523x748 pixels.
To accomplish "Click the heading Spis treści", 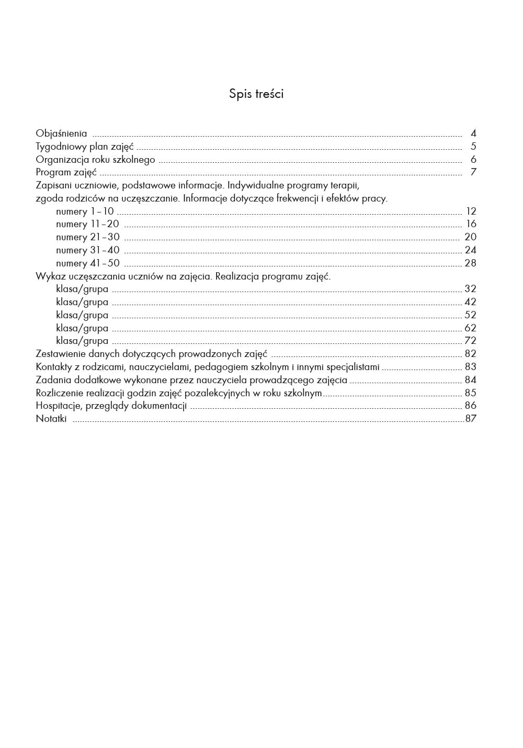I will pyautogui.click(x=256, y=94).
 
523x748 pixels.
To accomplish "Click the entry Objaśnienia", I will pyautogui.click(x=61, y=133).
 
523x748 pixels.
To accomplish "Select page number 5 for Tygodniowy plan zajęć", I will pyautogui.click(x=473, y=147).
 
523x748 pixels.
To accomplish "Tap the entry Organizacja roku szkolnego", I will pyautogui.click(x=95, y=160).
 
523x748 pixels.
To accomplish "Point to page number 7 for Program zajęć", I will pyautogui.click(x=473, y=172).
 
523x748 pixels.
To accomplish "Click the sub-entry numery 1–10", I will pyautogui.click(x=85, y=211).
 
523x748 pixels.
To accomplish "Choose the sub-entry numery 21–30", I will pyautogui.click(x=87, y=237).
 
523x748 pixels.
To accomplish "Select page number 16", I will pyautogui.click(x=471, y=224).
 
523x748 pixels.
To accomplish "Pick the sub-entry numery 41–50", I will pyautogui.click(x=87, y=263).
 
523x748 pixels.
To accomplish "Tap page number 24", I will pyautogui.click(x=470, y=250).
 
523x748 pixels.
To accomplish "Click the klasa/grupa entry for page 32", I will pyautogui.click(x=82, y=289).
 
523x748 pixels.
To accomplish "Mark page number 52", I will pyautogui.click(x=470, y=315).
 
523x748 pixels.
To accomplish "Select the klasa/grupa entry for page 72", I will pyautogui.click(x=82, y=341).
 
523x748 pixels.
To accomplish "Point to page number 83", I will pyautogui.click(x=470, y=367).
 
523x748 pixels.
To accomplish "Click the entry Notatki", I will pyautogui.click(x=51, y=419).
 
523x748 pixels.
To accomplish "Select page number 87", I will pyautogui.click(x=471, y=419).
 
